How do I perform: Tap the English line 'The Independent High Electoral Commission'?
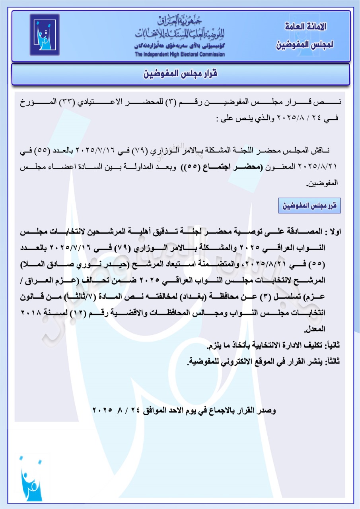[x=179, y=54]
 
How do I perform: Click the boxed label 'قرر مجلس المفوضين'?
[x=310, y=206]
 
